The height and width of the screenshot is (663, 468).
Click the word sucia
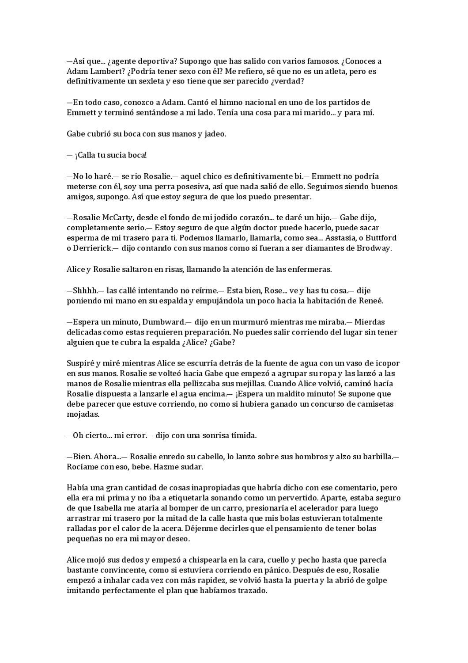point(113,155)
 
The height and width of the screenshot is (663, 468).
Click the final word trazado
point(253,591)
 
